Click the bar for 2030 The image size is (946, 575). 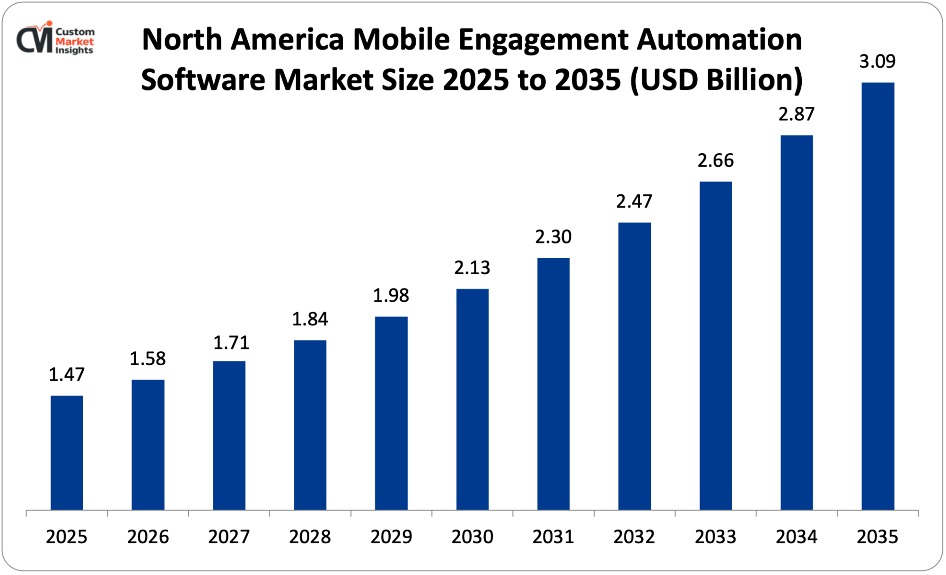coord(472,399)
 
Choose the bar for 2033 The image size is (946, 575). coord(715,346)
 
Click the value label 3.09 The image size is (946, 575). coord(877,61)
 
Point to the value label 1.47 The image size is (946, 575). coord(67,375)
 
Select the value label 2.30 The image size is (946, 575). coord(553,236)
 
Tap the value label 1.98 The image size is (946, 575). coord(391,296)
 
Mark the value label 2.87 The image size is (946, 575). coord(797,114)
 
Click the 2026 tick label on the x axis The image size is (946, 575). coord(148,537)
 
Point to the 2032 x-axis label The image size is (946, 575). coord(634,537)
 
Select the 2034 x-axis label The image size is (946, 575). coord(796,537)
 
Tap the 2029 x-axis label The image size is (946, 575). coord(391,537)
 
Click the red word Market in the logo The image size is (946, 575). coord(75,41)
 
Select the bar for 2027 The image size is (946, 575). coord(229,435)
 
